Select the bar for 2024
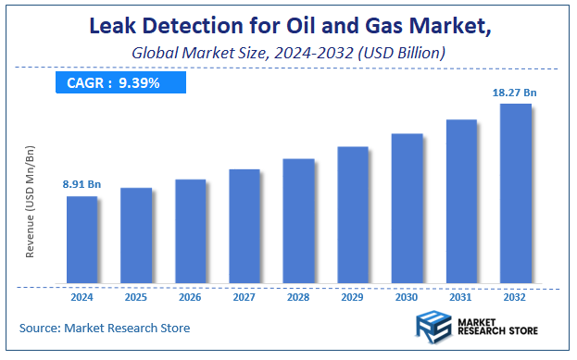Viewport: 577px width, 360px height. click(x=82, y=239)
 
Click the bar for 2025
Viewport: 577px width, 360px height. click(x=136, y=235)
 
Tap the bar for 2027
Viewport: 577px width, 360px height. click(x=245, y=226)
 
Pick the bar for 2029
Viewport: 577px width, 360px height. click(x=353, y=214)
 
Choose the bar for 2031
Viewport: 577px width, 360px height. click(x=461, y=201)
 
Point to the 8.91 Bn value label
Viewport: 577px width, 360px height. click(x=82, y=185)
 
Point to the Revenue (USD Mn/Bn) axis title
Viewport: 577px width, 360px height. click(x=31, y=214)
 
